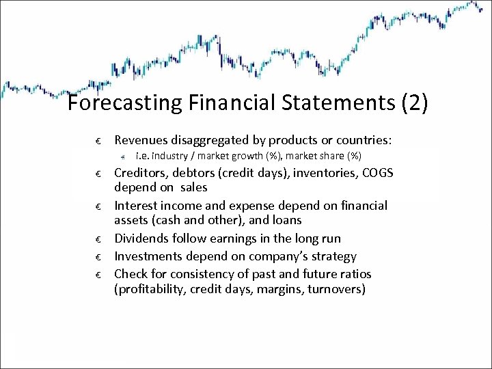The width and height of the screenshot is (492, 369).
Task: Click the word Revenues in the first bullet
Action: coord(141,140)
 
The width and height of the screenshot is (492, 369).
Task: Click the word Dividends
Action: coord(141,238)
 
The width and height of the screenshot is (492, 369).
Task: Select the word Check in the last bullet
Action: coord(131,274)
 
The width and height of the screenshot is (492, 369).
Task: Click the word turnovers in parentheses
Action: coord(333,289)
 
